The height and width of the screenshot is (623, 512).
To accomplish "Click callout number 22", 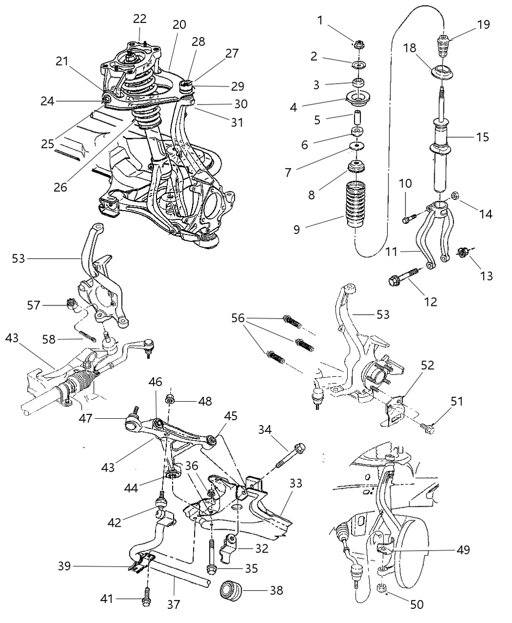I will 140,18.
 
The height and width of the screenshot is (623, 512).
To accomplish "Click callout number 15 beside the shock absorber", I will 482,137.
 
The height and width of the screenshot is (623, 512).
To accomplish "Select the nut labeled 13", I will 462,253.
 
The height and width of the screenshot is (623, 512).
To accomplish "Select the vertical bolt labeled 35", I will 212,558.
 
